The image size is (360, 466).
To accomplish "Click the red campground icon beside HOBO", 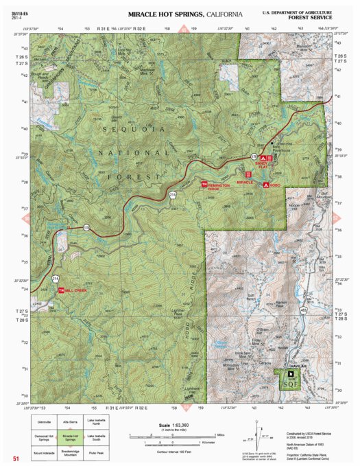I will click(265, 185).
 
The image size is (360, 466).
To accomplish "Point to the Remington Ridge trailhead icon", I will click(204, 184).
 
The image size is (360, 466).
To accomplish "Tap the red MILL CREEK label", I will click(76, 291).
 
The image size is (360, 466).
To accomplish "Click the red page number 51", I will click(15, 458).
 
